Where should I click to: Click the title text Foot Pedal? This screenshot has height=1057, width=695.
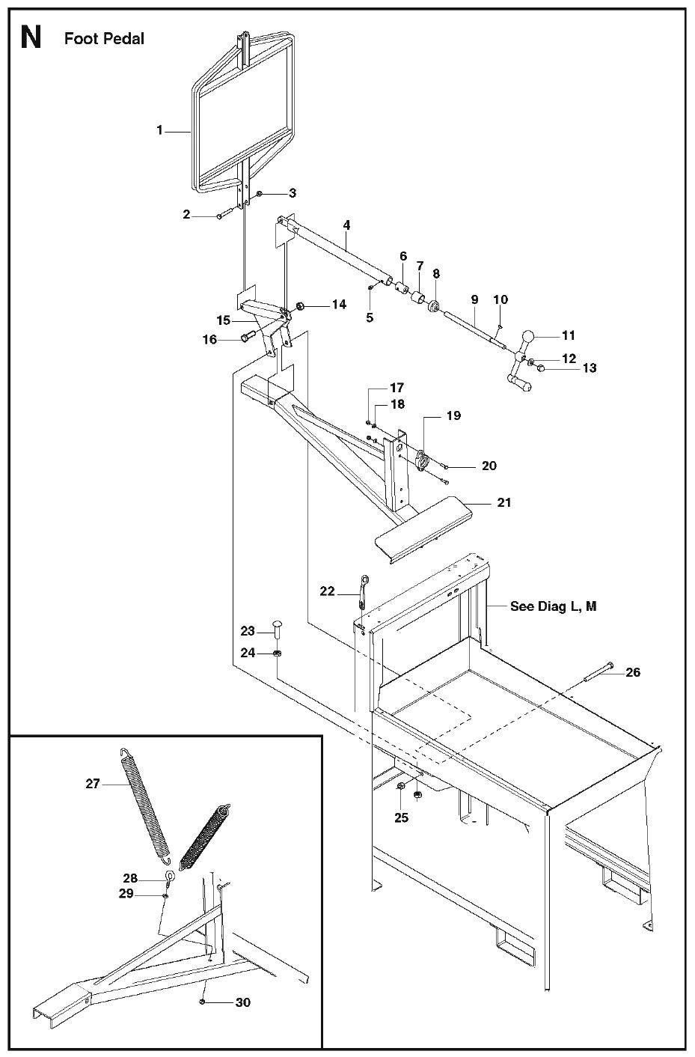(x=104, y=38)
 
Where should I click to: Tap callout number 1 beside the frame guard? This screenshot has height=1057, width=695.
(x=159, y=130)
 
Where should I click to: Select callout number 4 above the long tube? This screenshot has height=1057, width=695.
(x=346, y=224)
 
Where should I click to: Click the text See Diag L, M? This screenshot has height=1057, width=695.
(x=553, y=606)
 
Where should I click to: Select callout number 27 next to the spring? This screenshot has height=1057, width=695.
(x=93, y=784)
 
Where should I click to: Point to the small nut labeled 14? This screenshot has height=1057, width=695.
(x=301, y=305)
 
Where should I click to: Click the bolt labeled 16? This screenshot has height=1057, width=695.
(x=245, y=340)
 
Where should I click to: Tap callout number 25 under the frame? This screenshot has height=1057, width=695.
(x=402, y=817)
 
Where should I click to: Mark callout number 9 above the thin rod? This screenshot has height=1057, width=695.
(x=474, y=299)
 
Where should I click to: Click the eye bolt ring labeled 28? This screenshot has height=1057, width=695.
(x=171, y=878)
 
